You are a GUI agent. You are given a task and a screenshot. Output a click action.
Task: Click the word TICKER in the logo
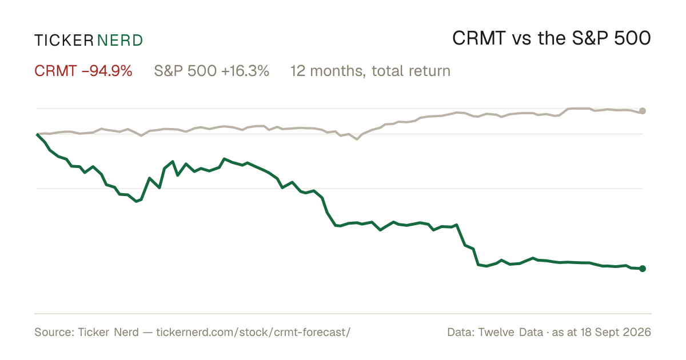pyautogui.click(x=64, y=41)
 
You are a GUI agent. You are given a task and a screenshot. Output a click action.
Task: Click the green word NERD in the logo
pyautogui.click(x=120, y=41)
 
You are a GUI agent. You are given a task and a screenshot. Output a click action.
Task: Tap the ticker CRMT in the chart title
pyautogui.click(x=478, y=38)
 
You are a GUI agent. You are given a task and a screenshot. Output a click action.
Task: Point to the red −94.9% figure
pyautogui.click(x=107, y=71)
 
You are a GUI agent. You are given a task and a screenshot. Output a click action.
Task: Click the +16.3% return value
pyautogui.click(x=245, y=71)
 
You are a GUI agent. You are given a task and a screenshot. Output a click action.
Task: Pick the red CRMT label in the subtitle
pyautogui.click(x=55, y=71)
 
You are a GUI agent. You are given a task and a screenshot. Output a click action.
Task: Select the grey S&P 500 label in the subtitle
pyautogui.click(x=186, y=71)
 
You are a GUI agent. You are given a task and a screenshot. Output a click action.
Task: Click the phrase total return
pyautogui.click(x=411, y=71)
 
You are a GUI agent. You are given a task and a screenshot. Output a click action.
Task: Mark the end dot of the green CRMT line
pyautogui.click(x=643, y=269)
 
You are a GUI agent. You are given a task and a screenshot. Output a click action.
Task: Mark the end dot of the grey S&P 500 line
pyautogui.click(x=643, y=111)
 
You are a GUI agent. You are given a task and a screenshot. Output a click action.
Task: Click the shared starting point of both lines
pyautogui.click(x=37, y=134)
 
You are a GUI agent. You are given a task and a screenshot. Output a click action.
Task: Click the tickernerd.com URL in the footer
pyautogui.click(x=253, y=332)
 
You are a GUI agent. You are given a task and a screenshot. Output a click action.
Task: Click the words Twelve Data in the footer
pyautogui.click(x=511, y=332)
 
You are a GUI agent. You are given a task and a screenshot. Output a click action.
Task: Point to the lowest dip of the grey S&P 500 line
pyautogui.click(x=357, y=139)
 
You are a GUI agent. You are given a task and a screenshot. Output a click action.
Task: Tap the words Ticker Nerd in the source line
pyautogui.click(x=109, y=332)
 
